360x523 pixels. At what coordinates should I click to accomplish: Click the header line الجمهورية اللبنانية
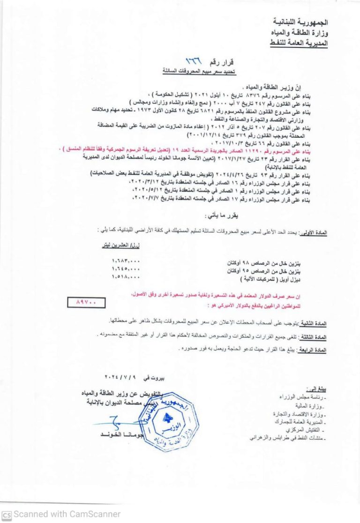(300, 22)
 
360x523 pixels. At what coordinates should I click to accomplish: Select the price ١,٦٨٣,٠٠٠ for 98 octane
(126, 261)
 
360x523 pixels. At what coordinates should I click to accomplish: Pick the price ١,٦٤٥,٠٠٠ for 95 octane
(126, 269)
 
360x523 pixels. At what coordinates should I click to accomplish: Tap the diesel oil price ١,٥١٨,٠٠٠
(126, 277)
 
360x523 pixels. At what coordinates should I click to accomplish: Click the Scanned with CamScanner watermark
(61, 514)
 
